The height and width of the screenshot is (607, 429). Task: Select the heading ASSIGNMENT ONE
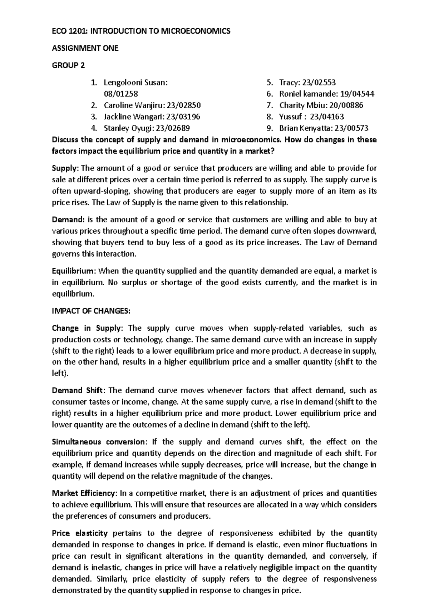coord(85,48)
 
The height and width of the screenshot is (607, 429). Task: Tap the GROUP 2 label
coord(68,65)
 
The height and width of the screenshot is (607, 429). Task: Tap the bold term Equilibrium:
coord(74,271)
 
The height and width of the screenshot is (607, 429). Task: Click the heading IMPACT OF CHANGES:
coord(91,311)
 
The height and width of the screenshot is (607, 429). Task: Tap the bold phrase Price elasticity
coord(80,533)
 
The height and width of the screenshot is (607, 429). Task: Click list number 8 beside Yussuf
coord(270,117)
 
